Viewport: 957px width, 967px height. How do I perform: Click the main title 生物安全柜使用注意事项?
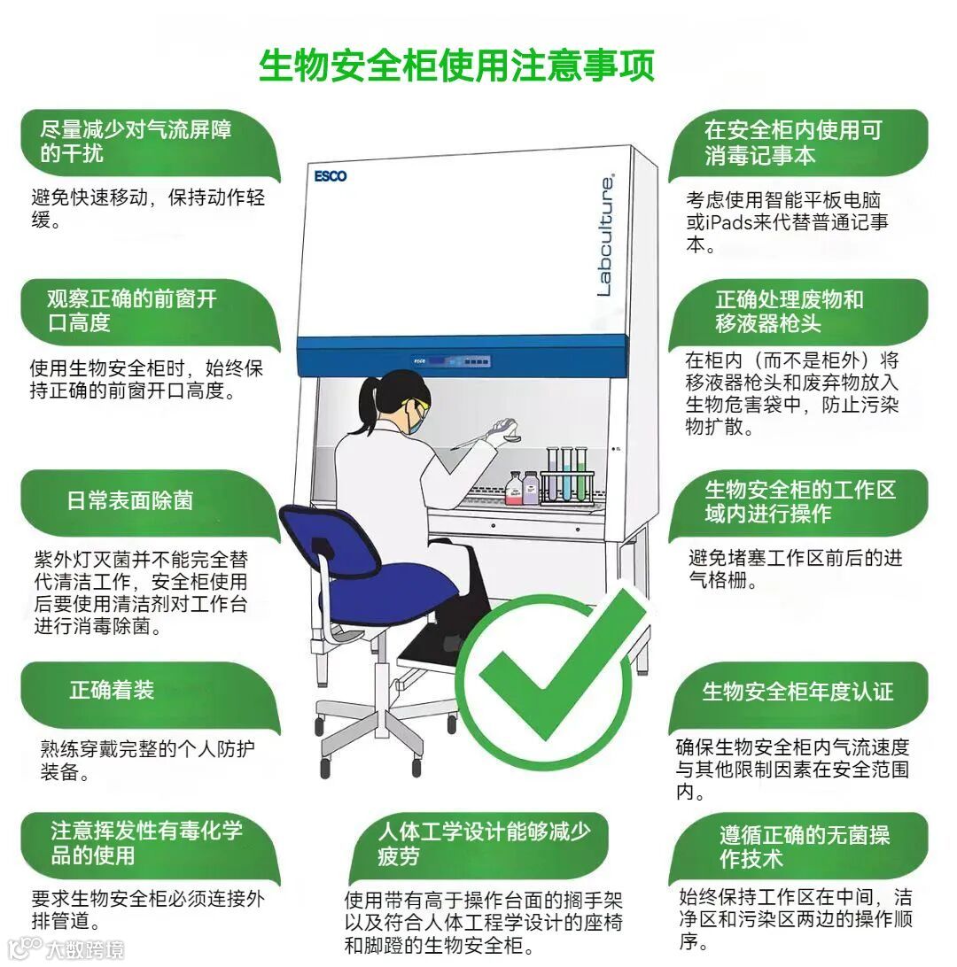click(456, 66)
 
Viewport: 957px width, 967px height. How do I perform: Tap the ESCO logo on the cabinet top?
click(331, 176)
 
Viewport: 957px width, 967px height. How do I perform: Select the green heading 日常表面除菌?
click(130, 500)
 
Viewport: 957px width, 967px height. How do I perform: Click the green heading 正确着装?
click(112, 690)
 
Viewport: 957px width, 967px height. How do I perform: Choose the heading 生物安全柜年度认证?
click(797, 692)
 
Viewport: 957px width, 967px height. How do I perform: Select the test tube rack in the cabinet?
click(567, 476)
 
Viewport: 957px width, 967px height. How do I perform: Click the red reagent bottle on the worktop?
click(513, 488)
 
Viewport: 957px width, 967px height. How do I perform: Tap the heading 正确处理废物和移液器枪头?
click(790, 311)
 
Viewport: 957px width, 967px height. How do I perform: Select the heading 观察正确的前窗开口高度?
click(132, 310)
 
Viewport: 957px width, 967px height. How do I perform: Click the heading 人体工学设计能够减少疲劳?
click(485, 843)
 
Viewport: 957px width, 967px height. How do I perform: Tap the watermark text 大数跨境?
click(85, 948)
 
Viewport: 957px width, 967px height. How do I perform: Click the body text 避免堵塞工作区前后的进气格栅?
click(796, 569)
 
